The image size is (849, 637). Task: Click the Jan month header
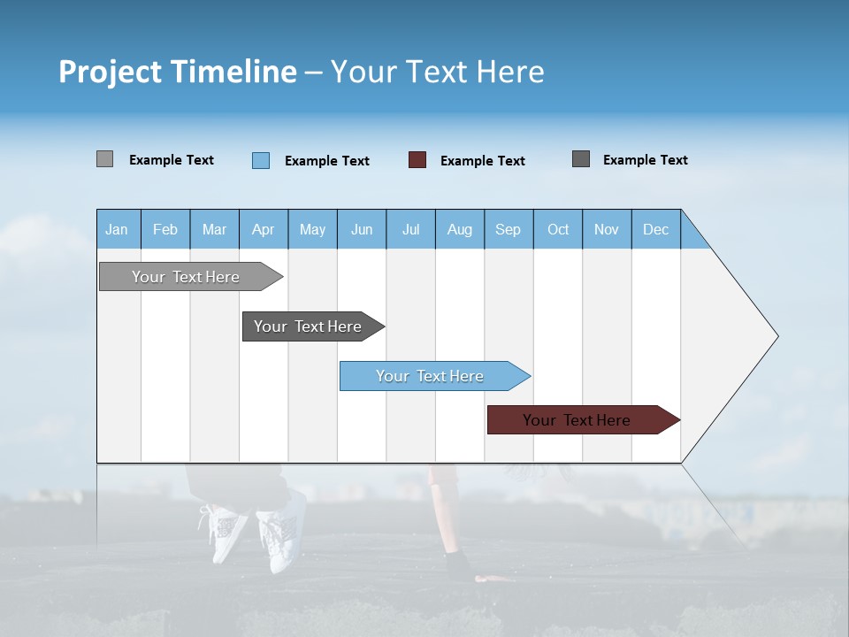point(117,229)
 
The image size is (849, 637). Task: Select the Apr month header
point(263,229)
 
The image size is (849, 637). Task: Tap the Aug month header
point(459,229)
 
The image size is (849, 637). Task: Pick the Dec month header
point(655,229)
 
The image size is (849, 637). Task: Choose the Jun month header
point(361,229)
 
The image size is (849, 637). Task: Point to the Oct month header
point(558,229)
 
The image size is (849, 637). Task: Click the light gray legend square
point(104,159)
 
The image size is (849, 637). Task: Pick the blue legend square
point(260,160)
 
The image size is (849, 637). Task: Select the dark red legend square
point(417,160)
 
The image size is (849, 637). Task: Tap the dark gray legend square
point(581,159)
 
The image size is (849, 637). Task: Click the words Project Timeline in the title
point(178,71)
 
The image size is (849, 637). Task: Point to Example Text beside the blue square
point(326,161)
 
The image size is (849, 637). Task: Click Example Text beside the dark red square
point(482,161)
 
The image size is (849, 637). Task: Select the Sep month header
point(508,229)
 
